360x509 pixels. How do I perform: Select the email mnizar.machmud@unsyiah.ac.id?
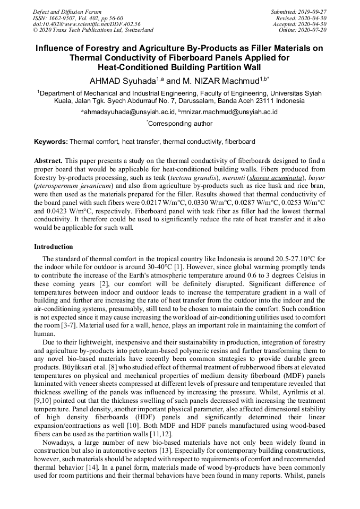click(229, 112)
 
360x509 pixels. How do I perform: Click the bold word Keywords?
click(50, 142)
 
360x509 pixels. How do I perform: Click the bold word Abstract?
click(48, 160)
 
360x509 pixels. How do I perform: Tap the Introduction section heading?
click(54, 247)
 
